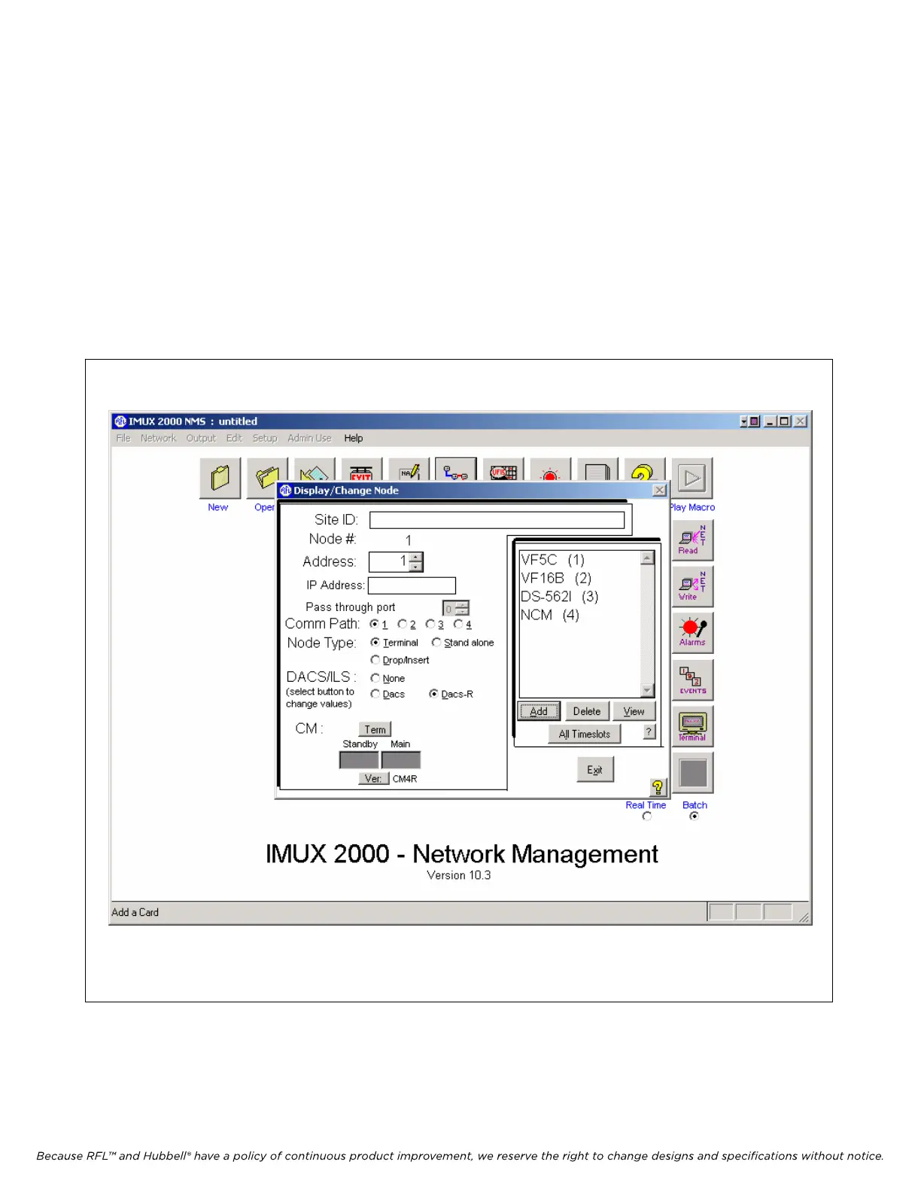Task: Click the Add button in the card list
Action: coord(539,711)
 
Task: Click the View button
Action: coord(634,711)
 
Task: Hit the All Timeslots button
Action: coord(585,734)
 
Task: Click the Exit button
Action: coord(595,770)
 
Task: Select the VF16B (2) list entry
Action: coord(556,578)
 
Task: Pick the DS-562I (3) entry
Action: coord(559,596)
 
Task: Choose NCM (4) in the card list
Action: coord(549,615)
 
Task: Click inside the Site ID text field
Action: coord(497,520)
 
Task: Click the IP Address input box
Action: coord(412,585)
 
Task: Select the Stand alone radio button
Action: coord(436,643)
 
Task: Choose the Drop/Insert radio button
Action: coord(375,660)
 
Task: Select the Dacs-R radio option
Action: coord(433,694)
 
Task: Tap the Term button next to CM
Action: coord(375,729)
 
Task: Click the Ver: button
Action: coord(373,778)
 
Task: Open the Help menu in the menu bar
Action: coord(354,438)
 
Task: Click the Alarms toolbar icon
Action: coord(692,631)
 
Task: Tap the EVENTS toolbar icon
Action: coord(692,679)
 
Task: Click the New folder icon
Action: coord(220,479)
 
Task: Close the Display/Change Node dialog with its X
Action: coord(659,490)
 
